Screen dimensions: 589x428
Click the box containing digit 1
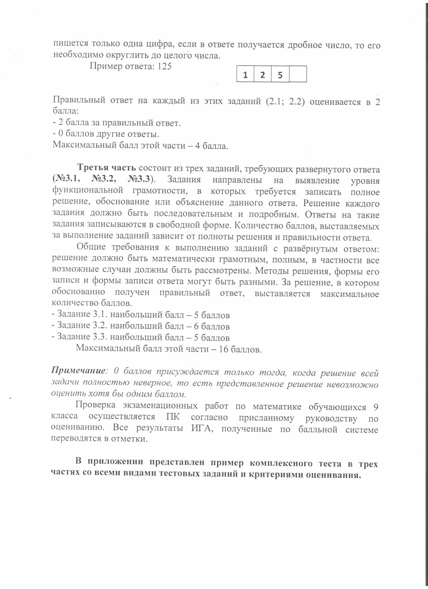245,75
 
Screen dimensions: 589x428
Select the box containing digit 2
262,75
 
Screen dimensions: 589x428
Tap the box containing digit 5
280,75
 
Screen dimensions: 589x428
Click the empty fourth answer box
298,75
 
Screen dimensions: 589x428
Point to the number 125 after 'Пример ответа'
164,66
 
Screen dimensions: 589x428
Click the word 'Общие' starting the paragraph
91,247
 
